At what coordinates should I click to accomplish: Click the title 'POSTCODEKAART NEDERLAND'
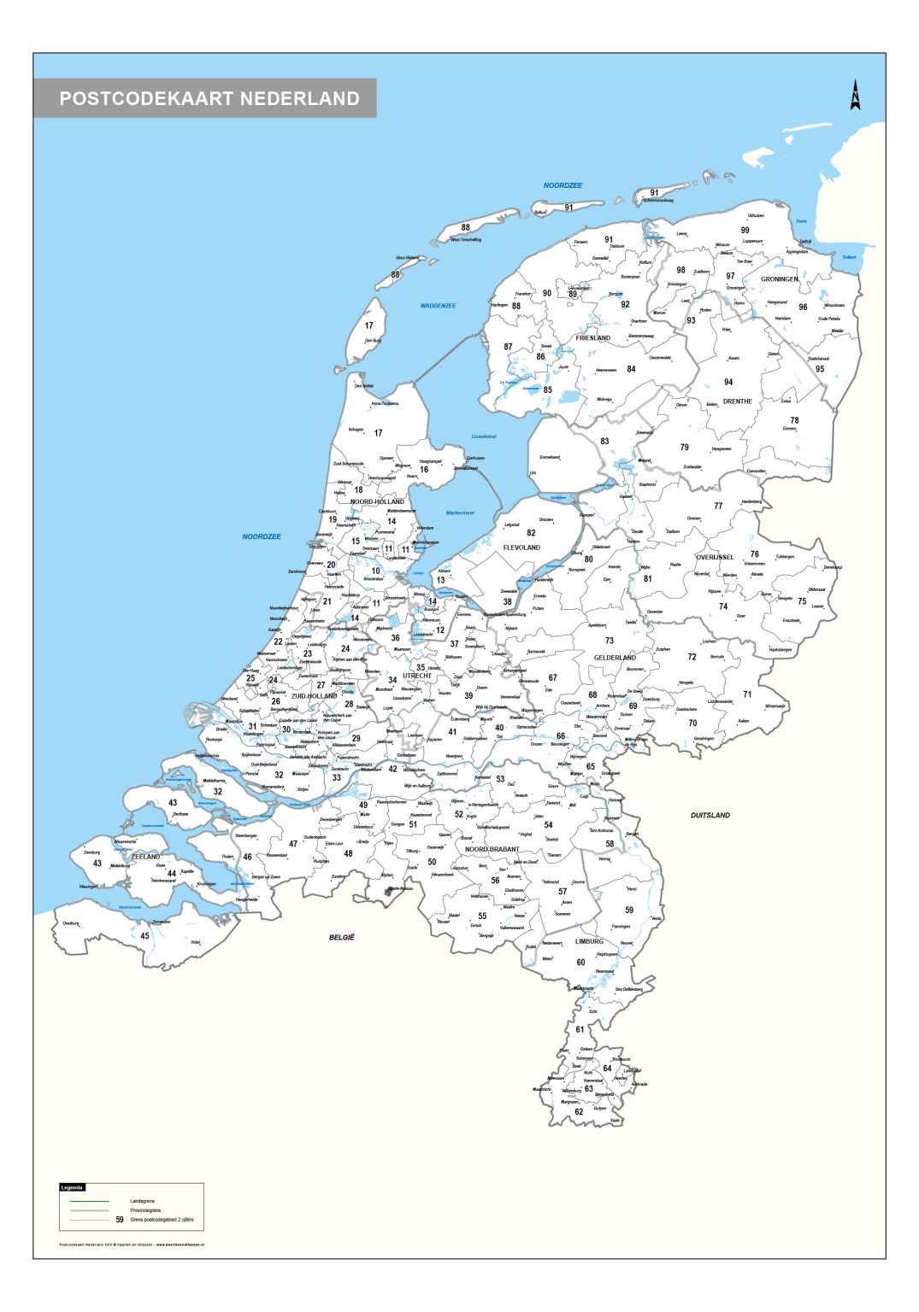click(x=209, y=98)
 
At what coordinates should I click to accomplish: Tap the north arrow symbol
click(x=855, y=95)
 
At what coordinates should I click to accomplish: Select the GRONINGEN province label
click(x=779, y=279)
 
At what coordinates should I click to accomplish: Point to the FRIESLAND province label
click(x=592, y=338)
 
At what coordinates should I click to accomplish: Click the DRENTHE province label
click(x=737, y=401)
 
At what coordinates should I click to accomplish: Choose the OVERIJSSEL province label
click(x=714, y=557)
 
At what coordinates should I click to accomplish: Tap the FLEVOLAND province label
click(x=521, y=548)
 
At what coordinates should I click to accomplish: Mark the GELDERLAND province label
click(x=615, y=658)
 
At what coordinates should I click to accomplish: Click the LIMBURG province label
click(x=589, y=941)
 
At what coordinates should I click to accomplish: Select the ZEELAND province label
click(x=145, y=856)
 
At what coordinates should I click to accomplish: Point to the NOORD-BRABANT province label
click(x=492, y=849)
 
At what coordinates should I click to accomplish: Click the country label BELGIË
click(x=342, y=937)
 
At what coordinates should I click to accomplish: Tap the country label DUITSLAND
click(x=710, y=815)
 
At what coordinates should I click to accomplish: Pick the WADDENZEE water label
click(x=438, y=306)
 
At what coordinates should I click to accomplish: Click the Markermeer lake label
click(x=460, y=513)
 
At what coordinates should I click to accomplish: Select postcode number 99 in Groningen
click(x=745, y=231)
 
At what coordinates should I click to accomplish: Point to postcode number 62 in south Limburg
click(x=579, y=1112)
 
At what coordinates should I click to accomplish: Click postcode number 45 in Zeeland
click(x=144, y=935)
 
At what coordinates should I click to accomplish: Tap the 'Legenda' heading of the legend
click(x=73, y=1187)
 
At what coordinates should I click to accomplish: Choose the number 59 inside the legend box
click(x=120, y=1220)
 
